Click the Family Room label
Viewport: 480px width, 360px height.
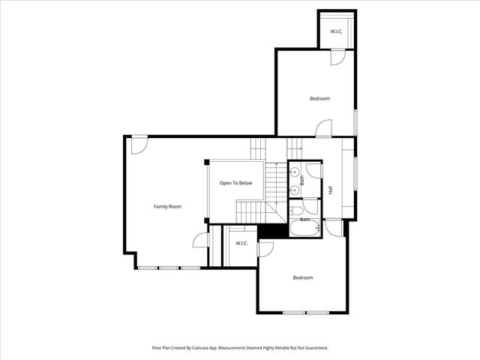(x=168, y=206)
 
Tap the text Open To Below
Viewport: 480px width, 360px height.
(x=235, y=183)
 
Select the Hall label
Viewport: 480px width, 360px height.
(x=330, y=189)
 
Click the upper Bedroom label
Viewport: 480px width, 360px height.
(x=320, y=98)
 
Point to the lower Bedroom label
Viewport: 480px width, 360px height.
(x=303, y=277)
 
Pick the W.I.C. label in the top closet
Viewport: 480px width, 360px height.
(x=337, y=31)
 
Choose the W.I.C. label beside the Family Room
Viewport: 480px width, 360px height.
(x=241, y=244)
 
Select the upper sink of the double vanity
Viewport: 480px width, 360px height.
(x=294, y=171)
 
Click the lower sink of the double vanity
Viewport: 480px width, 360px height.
(x=294, y=190)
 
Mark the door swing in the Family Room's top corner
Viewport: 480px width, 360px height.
(x=139, y=145)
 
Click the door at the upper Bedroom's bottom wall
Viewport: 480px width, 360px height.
(x=323, y=129)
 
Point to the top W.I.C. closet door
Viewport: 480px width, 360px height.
(x=337, y=56)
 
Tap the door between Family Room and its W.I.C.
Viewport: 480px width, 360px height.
(x=200, y=239)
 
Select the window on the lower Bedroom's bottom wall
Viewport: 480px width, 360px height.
(x=307, y=312)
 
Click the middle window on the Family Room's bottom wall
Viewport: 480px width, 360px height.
(x=169, y=267)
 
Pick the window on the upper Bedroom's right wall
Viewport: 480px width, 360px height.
(x=355, y=121)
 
